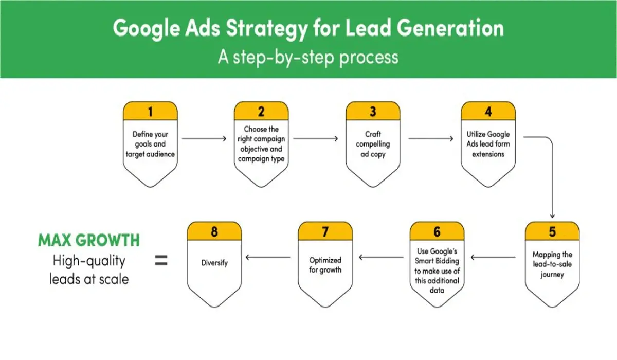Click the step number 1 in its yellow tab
tap(150, 111)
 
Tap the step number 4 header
tap(488, 111)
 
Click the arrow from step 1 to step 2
tap(204, 138)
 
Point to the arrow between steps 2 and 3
tap(316, 138)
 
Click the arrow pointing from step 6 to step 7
tap(381, 257)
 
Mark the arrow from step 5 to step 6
tap(494, 257)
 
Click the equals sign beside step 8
tap(161, 261)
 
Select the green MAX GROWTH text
tap(88, 240)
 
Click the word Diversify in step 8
tap(214, 263)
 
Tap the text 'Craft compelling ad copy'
tap(373, 145)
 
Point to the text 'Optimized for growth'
tap(325, 265)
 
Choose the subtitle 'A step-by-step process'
tap(308, 56)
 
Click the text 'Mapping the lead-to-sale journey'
tap(552, 264)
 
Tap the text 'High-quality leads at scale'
tap(88, 270)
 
